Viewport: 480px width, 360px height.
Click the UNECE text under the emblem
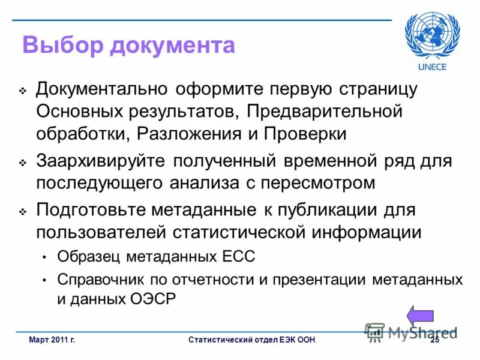pyautogui.click(x=433, y=67)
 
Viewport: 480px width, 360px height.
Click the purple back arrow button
pyautogui.click(x=420, y=317)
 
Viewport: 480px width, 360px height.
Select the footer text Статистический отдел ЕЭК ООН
pyautogui.click(x=251, y=341)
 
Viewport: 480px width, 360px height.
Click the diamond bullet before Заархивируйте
pyautogui.click(x=23, y=163)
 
